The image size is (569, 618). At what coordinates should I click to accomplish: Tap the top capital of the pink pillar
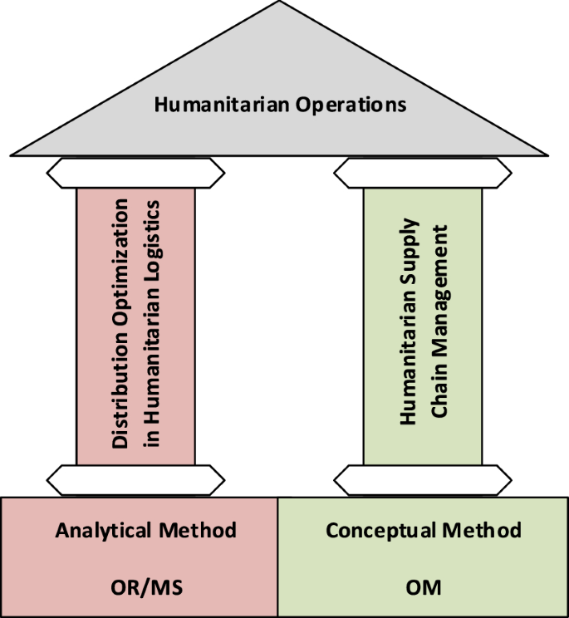point(136,173)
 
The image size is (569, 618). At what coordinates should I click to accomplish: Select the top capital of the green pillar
point(423,173)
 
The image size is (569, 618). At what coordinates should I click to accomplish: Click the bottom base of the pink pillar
point(136,479)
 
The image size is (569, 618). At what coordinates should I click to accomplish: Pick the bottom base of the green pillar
point(423,479)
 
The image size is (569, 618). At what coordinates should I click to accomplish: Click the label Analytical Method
point(146,530)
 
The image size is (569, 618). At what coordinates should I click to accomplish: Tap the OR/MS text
point(146,587)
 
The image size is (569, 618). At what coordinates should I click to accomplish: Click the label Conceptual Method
point(424,530)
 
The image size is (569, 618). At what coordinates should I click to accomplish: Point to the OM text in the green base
point(424,587)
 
